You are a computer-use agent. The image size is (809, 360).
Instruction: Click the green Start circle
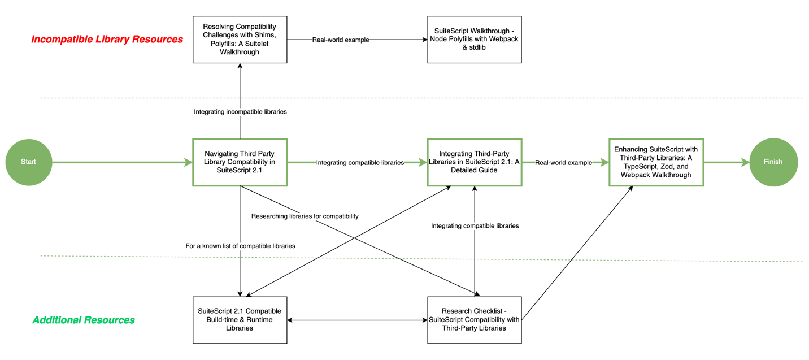click(x=28, y=162)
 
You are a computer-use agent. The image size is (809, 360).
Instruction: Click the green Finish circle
click(x=773, y=162)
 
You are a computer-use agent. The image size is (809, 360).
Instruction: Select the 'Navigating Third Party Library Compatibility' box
click(x=240, y=162)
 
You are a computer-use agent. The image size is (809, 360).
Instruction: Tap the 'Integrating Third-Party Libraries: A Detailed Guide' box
click(x=474, y=162)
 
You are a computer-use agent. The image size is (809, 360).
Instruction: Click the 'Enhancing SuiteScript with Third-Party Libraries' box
click(x=655, y=162)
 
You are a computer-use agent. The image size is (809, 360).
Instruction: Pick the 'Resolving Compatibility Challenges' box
click(x=240, y=40)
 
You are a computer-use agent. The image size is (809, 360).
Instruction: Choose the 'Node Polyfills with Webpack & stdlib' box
click(x=474, y=40)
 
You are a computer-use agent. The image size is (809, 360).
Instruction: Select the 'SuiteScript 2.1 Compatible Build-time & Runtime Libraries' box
click(x=240, y=320)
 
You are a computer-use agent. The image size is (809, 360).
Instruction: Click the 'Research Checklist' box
click(x=474, y=320)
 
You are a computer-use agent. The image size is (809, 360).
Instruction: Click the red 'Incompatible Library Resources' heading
click(x=107, y=40)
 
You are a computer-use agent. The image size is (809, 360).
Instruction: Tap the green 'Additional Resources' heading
click(x=84, y=320)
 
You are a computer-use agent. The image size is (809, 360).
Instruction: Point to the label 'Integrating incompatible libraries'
click(x=240, y=112)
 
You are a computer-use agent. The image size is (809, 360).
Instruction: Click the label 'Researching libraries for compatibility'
click(x=305, y=216)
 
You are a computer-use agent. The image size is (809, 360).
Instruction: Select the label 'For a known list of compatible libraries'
click(x=240, y=246)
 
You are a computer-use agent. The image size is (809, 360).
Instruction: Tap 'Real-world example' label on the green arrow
click(x=563, y=163)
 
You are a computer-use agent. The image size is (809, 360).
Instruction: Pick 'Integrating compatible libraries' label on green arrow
click(x=360, y=163)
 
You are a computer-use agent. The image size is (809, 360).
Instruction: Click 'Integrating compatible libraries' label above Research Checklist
click(x=475, y=226)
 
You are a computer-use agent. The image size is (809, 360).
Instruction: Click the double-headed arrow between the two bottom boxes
click(x=357, y=320)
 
